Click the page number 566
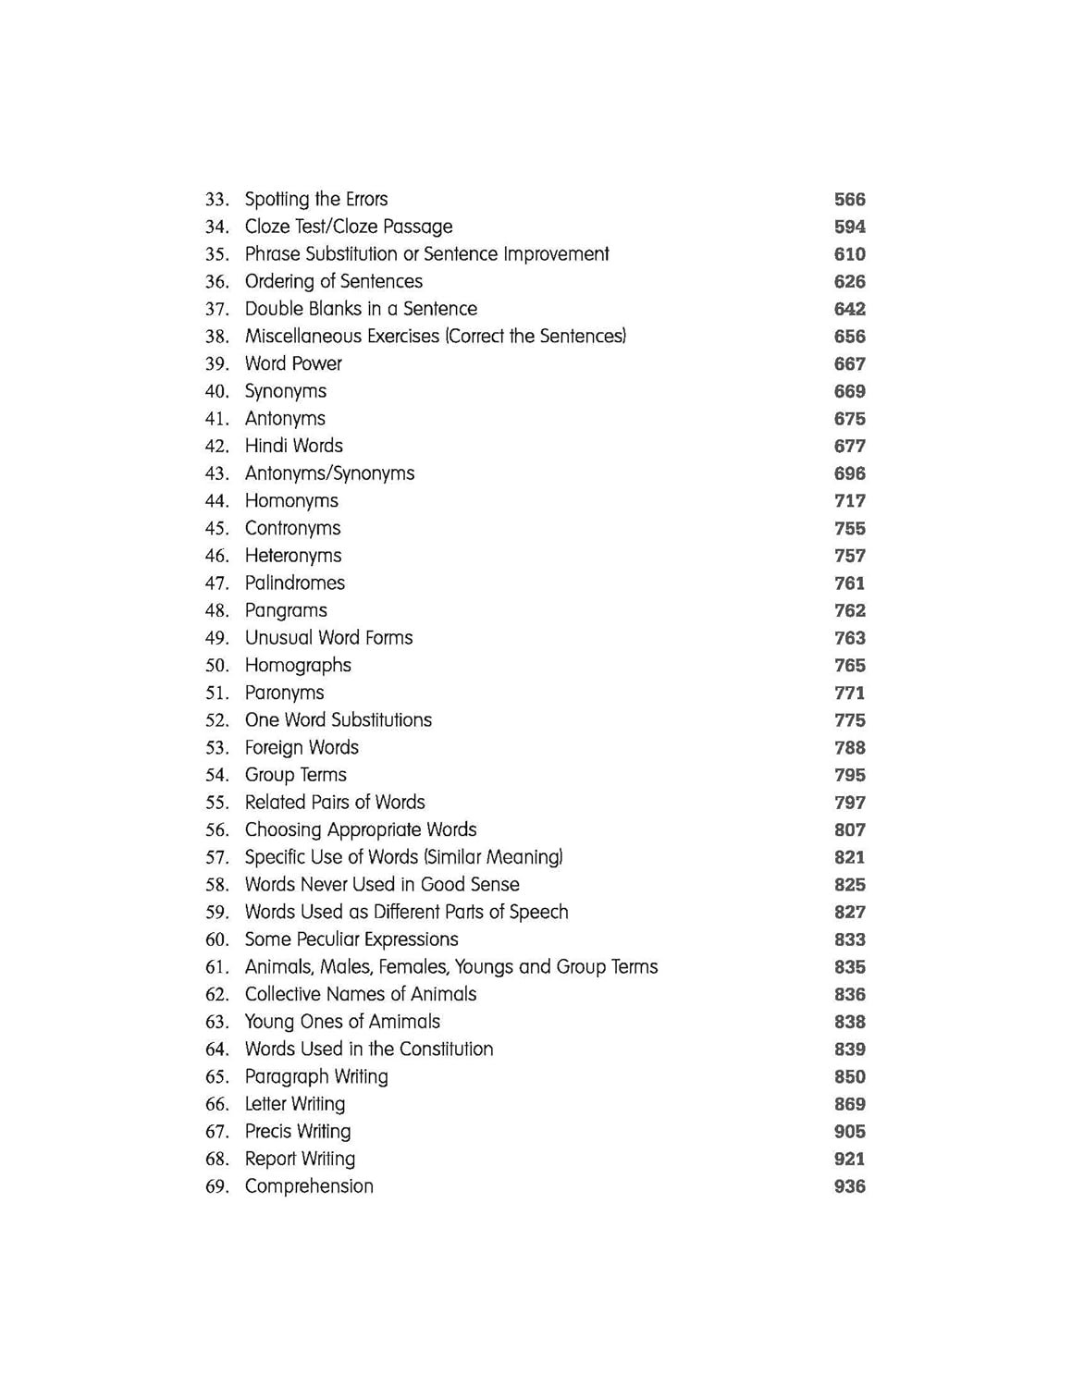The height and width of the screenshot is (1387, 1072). [x=849, y=200]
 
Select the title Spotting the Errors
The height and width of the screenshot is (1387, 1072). [x=316, y=200]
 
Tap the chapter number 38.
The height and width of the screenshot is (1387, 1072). [x=216, y=337]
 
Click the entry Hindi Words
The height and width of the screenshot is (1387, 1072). [x=293, y=446]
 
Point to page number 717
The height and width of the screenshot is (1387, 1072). [x=849, y=501]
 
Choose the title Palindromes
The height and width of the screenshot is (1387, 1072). [x=294, y=583]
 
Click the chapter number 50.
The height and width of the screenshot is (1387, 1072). [x=216, y=666]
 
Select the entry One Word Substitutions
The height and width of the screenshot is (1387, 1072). [x=338, y=720]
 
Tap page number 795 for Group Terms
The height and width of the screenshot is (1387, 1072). [x=849, y=775]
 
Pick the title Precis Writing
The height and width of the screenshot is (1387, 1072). [x=298, y=1132]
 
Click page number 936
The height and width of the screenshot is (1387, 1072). [x=849, y=1186]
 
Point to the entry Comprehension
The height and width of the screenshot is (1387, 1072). [x=309, y=1186]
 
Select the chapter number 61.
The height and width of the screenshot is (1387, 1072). [x=216, y=967]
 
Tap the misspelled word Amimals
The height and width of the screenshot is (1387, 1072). [x=404, y=1022]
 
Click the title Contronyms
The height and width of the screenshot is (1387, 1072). [x=292, y=529]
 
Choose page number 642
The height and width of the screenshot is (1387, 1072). [x=849, y=309]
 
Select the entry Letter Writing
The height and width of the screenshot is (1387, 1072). [x=294, y=1104]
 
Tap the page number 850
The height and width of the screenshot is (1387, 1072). [x=849, y=1077]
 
